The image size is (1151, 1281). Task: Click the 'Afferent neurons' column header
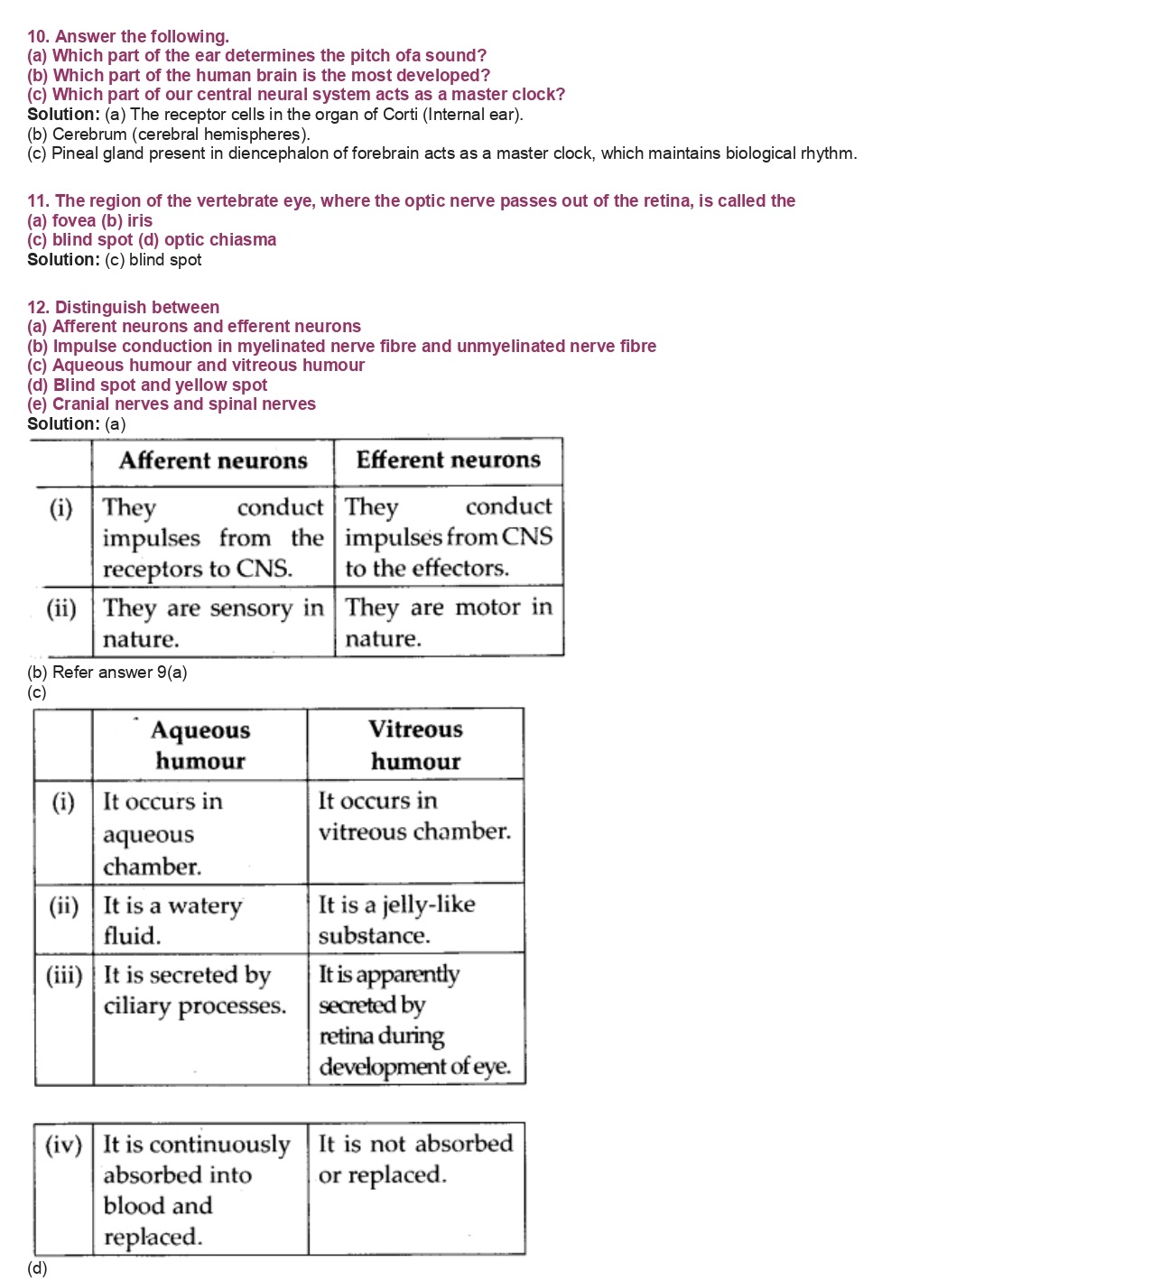coord(213,461)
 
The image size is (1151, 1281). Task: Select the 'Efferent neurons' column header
coord(448,460)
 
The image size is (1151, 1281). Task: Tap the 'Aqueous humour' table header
coord(200,745)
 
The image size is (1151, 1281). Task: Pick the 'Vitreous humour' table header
coord(415,745)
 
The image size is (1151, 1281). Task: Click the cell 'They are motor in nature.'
coord(448,622)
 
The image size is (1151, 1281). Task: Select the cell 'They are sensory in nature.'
coord(213,623)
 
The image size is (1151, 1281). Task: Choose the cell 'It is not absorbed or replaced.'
coord(415,1159)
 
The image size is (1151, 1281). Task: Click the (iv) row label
coord(63,1145)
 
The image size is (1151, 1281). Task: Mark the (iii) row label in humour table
coord(64,975)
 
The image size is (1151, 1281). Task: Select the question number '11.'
coord(39,201)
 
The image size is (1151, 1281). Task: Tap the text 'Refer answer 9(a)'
coord(120,673)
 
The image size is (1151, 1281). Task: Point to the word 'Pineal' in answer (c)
coord(75,153)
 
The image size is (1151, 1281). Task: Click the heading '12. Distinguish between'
coord(123,308)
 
